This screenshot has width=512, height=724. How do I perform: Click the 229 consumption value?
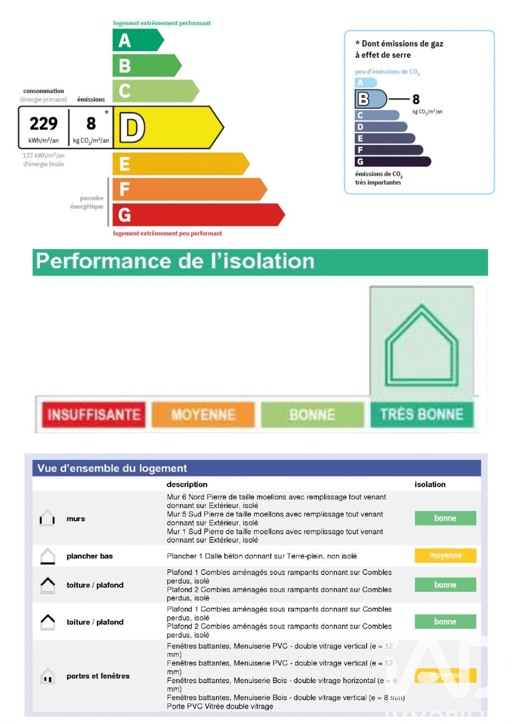tap(44, 124)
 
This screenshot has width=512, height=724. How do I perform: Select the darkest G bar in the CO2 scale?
tap(392, 162)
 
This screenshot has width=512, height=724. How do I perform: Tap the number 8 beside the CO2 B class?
tap(416, 100)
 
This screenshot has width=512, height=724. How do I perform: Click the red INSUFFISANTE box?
tap(94, 414)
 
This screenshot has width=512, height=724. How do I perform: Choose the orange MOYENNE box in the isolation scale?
tap(203, 414)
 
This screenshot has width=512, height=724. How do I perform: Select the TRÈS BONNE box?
tap(422, 414)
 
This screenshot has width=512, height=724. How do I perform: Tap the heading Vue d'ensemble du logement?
tap(112, 468)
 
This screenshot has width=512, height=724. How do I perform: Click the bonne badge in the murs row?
tap(445, 518)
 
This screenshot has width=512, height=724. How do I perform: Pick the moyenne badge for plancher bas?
tap(445, 555)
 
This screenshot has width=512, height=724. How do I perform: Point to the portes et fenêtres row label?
tap(98, 676)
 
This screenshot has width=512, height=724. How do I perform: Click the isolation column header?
tap(430, 485)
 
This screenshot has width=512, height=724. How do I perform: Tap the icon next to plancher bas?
tap(48, 556)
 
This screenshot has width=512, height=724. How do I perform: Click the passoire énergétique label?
tap(87, 202)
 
